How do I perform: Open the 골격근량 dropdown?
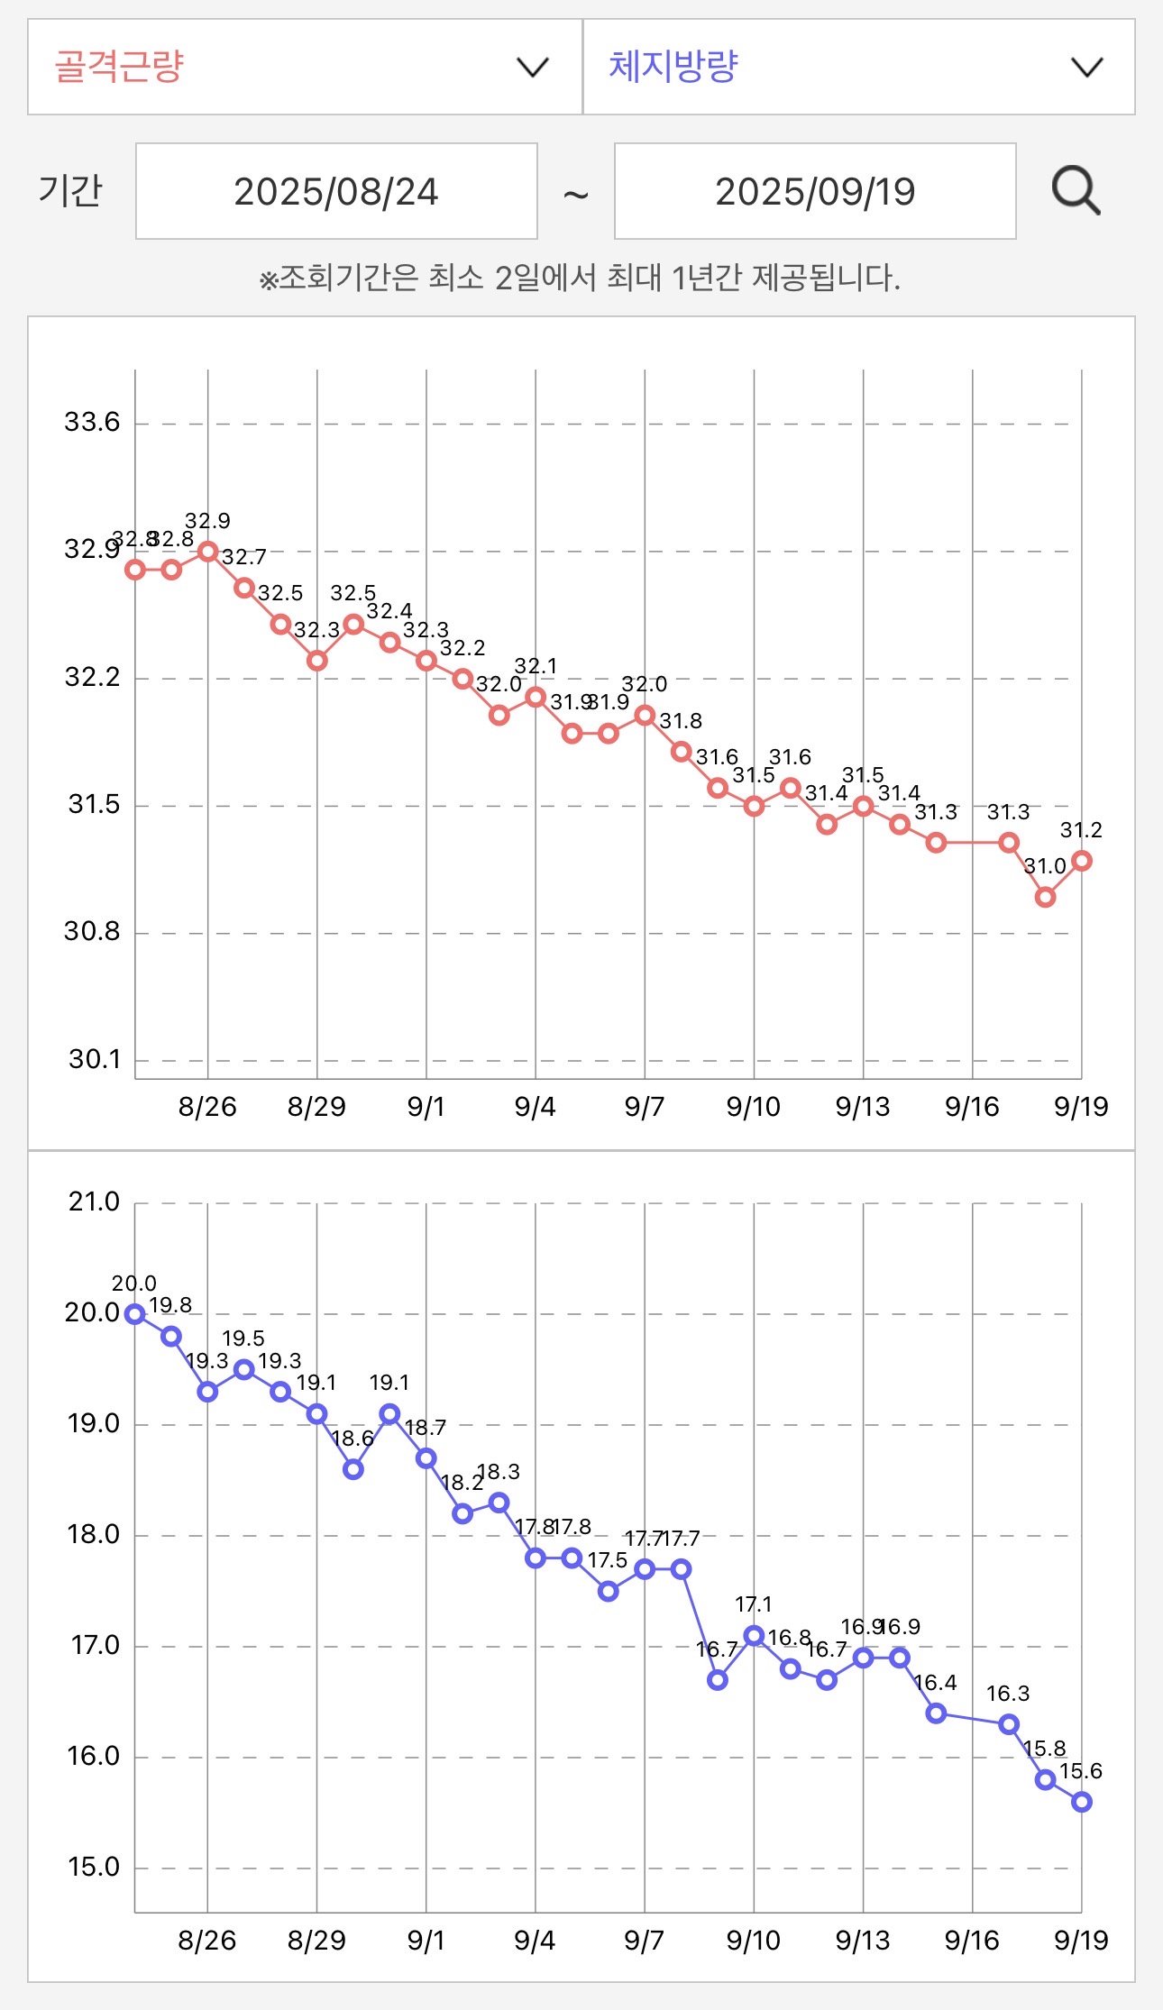[305, 68]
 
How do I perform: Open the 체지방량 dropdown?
[858, 68]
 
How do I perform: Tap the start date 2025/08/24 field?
[336, 191]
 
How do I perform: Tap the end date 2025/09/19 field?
[815, 191]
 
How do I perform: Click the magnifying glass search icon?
[1076, 191]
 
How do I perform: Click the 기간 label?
[70, 191]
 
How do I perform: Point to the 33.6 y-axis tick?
[92, 422]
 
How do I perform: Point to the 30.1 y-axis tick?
[94, 1059]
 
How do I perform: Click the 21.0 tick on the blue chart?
[94, 1201]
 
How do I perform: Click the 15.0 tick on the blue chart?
[94, 1867]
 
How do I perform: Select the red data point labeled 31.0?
[1045, 897]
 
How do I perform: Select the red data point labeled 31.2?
[1082, 861]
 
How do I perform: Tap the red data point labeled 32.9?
[208, 551]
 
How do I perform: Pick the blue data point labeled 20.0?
[135, 1314]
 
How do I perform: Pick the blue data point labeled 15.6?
[1082, 1802]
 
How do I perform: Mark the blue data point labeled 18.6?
[353, 1469]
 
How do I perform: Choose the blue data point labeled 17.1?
[754, 1635]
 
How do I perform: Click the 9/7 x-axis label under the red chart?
[645, 1107]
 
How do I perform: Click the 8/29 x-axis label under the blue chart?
[316, 1941]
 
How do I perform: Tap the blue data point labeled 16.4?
[936, 1713]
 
